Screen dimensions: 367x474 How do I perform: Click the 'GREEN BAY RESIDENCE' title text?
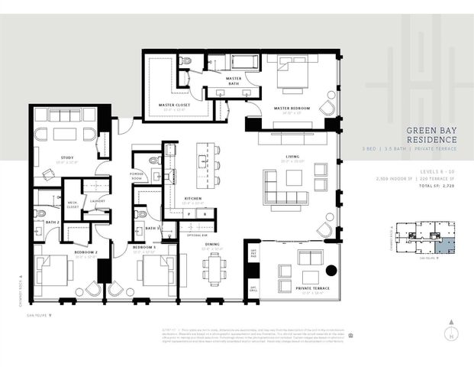(x=432, y=135)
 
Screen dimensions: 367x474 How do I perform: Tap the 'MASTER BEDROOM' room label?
(x=292, y=109)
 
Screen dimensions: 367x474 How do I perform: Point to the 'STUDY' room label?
(x=67, y=158)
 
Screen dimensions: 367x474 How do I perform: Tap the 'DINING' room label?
(x=213, y=245)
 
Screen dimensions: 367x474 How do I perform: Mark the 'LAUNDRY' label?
(x=97, y=201)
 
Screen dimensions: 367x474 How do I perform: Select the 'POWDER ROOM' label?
(x=137, y=175)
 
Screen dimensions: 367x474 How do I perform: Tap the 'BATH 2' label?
(x=53, y=222)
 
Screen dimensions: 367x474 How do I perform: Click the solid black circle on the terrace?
(x=331, y=269)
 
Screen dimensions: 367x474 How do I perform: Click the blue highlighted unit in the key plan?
(x=450, y=247)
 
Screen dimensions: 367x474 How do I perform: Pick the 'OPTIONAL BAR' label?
(x=196, y=234)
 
